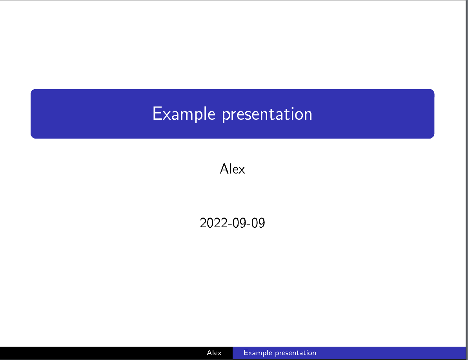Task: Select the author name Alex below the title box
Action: [x=233, y=169]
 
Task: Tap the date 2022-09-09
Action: [x=232, y=223]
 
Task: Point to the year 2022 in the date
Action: [x=212, y=223]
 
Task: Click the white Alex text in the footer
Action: [x=214, y=353]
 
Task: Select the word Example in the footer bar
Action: [x=257, y=353]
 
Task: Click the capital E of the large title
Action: [x=157, y=114]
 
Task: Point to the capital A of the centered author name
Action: [x=224, y=169]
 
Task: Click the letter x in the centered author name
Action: [x=242, y=170]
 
